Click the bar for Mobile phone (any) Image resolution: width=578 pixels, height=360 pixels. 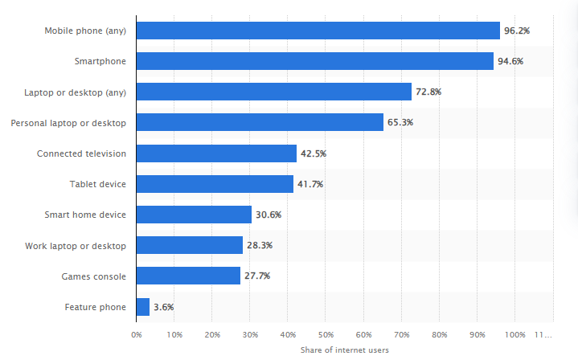point(318,31)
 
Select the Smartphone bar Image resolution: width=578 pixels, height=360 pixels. point(314,61)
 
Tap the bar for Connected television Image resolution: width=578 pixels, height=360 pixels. point(216,153)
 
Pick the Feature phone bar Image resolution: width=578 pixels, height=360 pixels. point(142,307)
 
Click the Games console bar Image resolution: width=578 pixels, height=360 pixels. point(188,276)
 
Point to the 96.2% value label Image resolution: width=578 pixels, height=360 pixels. point(517,31)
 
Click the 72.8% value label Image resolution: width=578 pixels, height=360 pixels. point(428,92)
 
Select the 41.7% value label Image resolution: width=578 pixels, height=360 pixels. point(310,184)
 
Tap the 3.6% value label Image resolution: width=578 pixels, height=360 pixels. point(163,307)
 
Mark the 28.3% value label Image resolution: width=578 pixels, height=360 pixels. point(260,245)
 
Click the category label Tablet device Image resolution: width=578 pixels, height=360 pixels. point(97,184)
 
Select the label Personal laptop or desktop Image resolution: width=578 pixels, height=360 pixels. point(68,123)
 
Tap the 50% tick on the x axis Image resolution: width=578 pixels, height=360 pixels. point(326,333)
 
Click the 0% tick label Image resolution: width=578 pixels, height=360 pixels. point(137,333)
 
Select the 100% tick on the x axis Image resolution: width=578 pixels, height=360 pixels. point(515,333)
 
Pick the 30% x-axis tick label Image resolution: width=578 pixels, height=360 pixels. point(250,333)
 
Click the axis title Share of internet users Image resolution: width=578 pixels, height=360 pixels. point(345,350)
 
